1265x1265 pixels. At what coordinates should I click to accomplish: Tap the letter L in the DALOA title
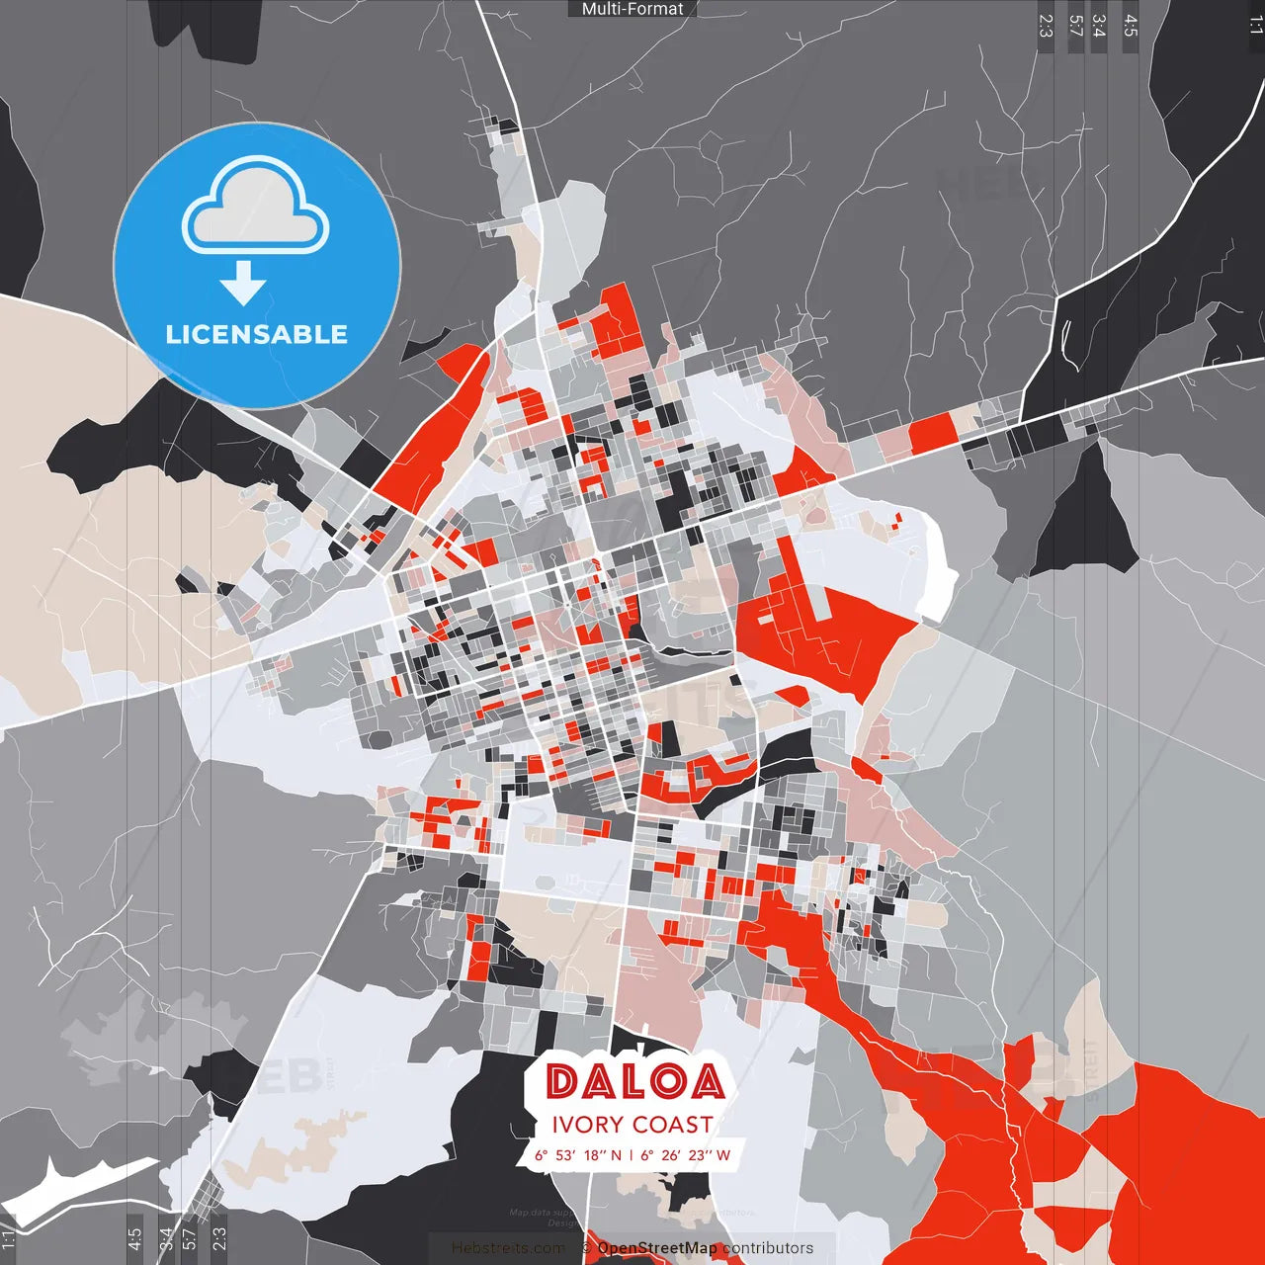click(x=633, y=1082)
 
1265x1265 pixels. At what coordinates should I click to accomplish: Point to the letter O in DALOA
click(x=669, y=1082)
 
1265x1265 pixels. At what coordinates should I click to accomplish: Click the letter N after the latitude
click(x=617, y=1155)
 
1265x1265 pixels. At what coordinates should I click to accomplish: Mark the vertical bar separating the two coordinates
click(x=632, y=1155)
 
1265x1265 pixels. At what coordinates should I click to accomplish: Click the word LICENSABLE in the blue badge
click(x=257, y=334)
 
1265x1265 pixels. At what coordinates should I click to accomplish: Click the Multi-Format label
click(x=632, y=9)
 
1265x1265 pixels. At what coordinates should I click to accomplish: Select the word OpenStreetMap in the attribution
click(x=657, y=1248)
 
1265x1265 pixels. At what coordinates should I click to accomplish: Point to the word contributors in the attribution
click(x=768, y=1248)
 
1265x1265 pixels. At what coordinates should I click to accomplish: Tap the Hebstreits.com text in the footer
click(x=508, y=1248)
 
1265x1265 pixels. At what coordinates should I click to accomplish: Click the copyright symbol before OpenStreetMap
click(x=586, y=1248)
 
